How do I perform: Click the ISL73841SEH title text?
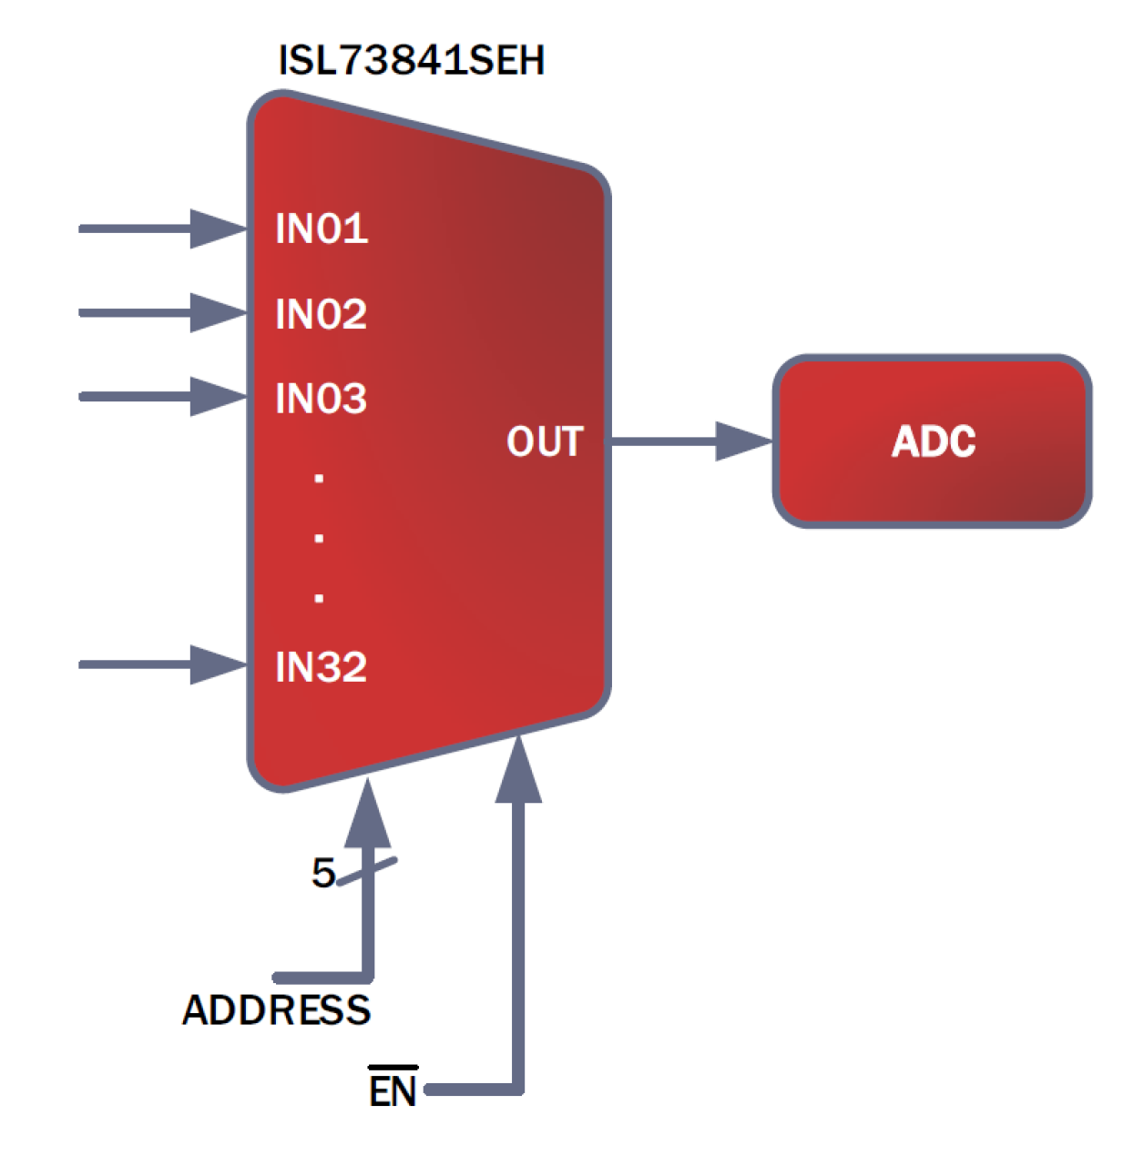coord(411,60)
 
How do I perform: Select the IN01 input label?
coord(322,228)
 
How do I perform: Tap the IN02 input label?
coord(322,314)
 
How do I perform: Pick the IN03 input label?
coord(322,399)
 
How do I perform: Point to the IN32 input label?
coord(322,667)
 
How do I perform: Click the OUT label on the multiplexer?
coord(545,442)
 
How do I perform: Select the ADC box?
coord(932,441)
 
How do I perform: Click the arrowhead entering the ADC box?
coord(742,441)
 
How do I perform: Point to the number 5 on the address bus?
coord(323,873)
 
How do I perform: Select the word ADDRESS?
coord(277,1010)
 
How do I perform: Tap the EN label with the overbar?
coord(393,1089)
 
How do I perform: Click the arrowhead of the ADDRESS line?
coord(368,813)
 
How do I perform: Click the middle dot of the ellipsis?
coord(319,538)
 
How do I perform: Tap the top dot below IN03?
coord(319,478)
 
